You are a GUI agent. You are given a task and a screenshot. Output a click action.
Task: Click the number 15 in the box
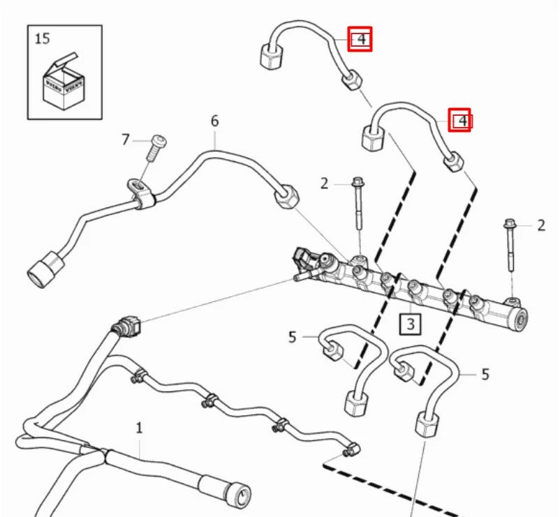43,38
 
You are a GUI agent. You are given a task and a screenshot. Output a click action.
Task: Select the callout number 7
126,140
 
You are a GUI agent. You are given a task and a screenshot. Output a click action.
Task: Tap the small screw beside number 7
154,144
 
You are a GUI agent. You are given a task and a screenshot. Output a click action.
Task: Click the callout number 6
214,121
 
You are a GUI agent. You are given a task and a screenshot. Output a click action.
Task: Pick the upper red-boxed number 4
360,39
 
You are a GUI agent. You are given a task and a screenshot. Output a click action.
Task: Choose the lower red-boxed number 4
459,121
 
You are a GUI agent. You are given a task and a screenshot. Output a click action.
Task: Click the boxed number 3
410,324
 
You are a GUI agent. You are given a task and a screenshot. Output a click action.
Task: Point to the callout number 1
139,426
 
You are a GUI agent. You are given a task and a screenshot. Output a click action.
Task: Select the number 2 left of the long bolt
324,183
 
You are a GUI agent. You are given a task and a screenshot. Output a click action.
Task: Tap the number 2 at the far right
540,225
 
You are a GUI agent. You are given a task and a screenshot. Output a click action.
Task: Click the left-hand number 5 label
293,338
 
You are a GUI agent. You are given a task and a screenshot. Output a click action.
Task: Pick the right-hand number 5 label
485,375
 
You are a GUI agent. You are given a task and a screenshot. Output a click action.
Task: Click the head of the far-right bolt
508,225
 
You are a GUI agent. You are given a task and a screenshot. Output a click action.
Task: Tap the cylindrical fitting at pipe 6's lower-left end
44,268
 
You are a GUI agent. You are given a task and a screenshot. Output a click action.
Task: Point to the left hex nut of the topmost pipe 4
270,57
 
